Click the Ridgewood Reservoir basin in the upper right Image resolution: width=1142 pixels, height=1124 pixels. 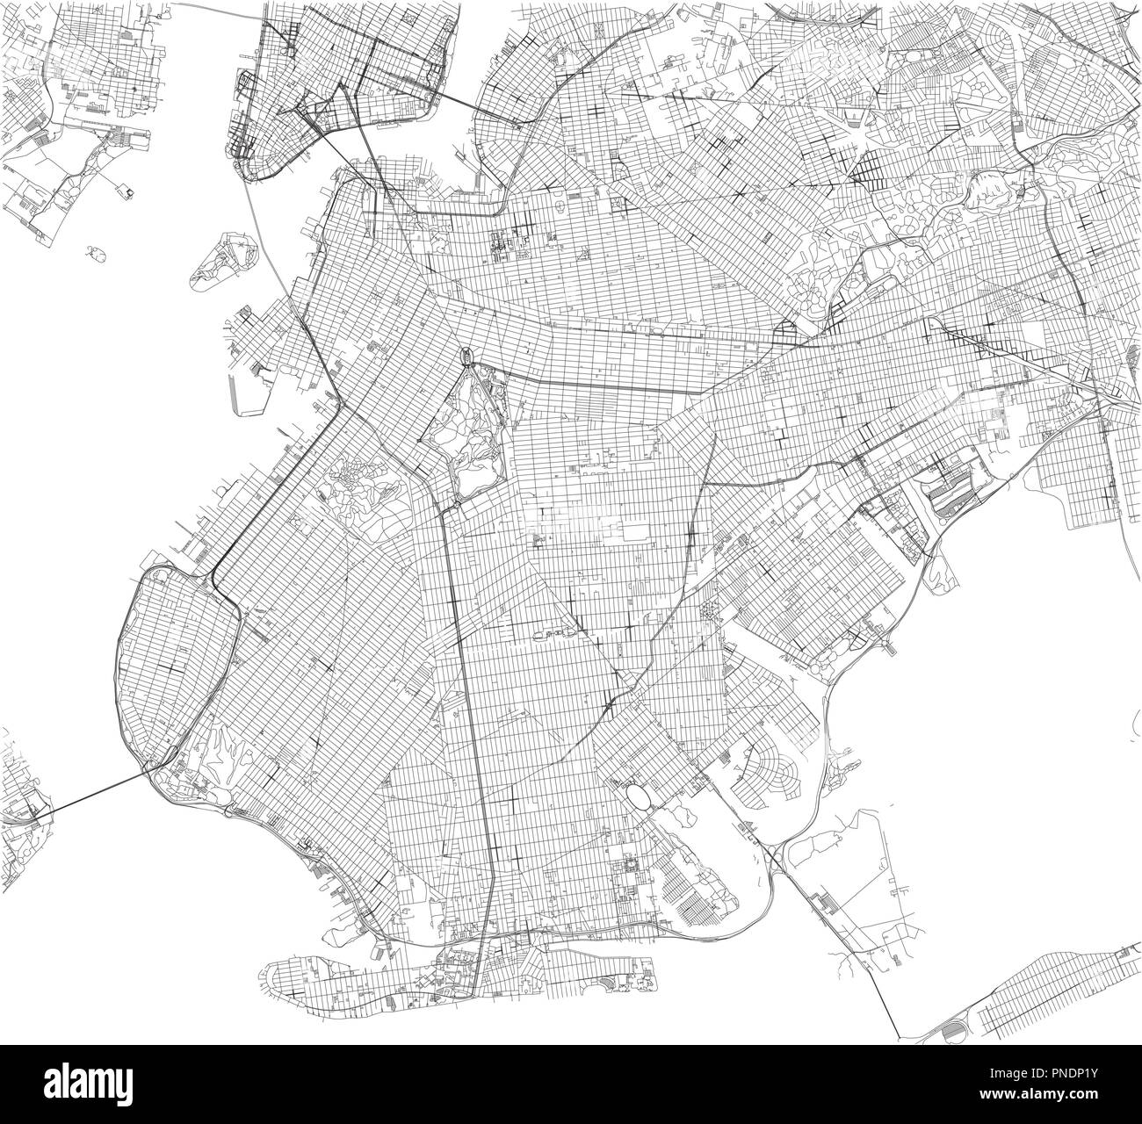[x=985, y=189]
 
